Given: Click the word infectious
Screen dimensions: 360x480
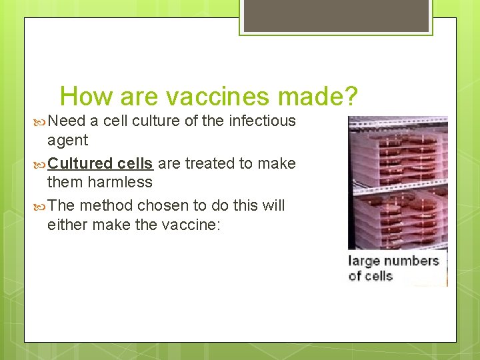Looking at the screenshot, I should coord(262,121).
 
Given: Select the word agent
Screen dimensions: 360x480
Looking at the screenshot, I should coord(67,141).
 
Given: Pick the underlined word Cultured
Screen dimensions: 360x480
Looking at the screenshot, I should coord(80,163).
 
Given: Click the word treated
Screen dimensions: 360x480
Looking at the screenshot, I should coord(208,163).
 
